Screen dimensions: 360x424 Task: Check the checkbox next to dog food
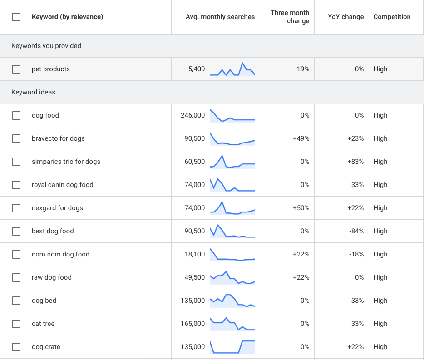click(x=16, y=115)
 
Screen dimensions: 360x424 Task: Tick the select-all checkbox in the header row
click(x=16, y=17)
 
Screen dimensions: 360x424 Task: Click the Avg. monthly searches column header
click(x=220, y=17)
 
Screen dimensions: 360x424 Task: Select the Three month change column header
click(x=290, y=17)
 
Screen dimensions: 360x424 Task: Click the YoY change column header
click(x=345, y=17)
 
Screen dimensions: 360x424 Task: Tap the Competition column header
click(x=392, y=17)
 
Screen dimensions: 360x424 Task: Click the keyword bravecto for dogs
click(x=58, y=138)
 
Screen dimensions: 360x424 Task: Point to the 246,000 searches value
click(x=192, y=115)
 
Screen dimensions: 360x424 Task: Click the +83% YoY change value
click(x=355, y=162)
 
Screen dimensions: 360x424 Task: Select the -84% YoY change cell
click(x=356, y=231)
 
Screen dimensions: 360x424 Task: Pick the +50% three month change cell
click(x=301, y=208)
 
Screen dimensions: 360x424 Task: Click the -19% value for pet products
click(x=301, y=69)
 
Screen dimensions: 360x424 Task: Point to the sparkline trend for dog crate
click(x=232, y=347)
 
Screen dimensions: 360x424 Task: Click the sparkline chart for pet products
click(x=232, y=69)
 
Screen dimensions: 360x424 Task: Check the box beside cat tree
click(x=16, y=324)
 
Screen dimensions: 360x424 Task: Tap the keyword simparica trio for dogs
click(x=66, y=162)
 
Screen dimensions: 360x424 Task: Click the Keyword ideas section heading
click(x=33, y=92)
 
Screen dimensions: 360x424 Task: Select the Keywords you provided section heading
click(x=46, y=46)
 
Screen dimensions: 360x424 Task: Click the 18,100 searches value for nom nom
click(x=194, y=254)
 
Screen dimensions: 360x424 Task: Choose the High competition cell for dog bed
click(x=380, y=301)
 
